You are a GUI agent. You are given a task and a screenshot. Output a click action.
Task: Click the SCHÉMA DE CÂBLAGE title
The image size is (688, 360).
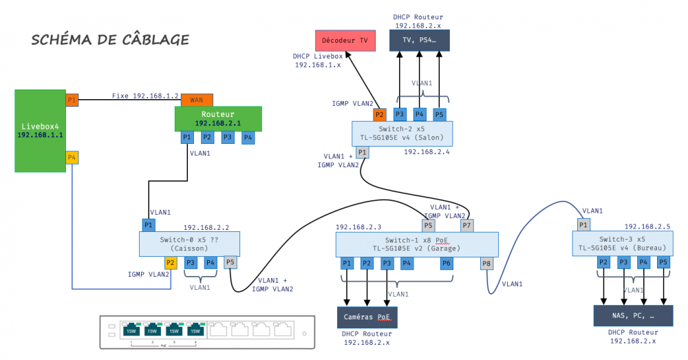pos(110,39)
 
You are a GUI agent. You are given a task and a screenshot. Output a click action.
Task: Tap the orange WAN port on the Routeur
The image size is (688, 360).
pos(197,100)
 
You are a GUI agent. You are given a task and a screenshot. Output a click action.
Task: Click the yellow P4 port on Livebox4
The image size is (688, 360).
pos(72,158)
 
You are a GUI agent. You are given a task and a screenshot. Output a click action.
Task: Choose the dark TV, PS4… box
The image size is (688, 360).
pos(420,41)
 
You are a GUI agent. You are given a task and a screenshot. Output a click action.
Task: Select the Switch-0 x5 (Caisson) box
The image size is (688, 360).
pos(190,244)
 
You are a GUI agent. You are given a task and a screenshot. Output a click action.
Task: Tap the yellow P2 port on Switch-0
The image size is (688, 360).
pos(170,262)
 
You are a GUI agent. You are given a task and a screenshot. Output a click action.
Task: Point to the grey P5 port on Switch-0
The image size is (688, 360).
pos(230,262)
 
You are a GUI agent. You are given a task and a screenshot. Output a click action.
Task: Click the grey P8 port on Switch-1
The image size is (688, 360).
pos(487,264)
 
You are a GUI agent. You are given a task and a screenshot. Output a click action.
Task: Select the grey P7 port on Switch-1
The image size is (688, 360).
pos(467,225)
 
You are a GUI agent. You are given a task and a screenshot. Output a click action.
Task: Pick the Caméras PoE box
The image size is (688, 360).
pos(367,317)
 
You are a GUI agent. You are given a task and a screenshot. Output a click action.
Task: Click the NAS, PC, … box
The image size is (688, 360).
pos(633,316)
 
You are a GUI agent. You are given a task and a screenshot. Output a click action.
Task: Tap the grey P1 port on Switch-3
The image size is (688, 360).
pos(583,225)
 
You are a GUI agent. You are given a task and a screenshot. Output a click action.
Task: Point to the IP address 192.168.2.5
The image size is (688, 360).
pos(647,226)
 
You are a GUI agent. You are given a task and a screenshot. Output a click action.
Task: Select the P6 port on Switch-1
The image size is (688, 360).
pos(447,264)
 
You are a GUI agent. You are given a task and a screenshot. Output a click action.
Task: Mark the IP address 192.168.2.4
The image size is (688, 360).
pos(427,152)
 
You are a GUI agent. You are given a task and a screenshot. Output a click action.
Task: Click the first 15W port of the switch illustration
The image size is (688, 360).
pos(131,330)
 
